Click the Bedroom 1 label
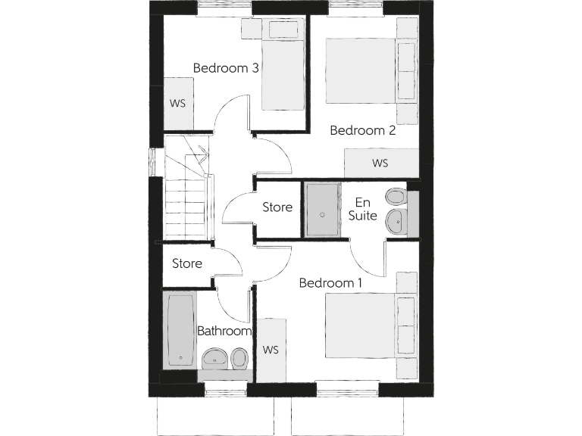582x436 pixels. click(x=330, y=283)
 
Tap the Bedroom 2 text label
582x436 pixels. click(x=363, y=130)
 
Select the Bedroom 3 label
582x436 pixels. click(x=226, y=68)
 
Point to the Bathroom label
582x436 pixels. click(x=224, y=332)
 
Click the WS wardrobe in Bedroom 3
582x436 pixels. click(x=178, y=103)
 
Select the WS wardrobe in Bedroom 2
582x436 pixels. click(x=380, y=163)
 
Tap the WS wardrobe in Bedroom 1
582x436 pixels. click(x=271, y=350)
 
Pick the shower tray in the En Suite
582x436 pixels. click(x=326, y=210)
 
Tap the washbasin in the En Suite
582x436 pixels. click(x=396, y=222)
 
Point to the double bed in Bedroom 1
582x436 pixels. click(x=361, y=325)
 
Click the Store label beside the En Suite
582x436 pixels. click(x=277, y=207)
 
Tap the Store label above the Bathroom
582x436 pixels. click(x=187, y=264)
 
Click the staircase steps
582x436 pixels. click(x=184, y=208)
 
